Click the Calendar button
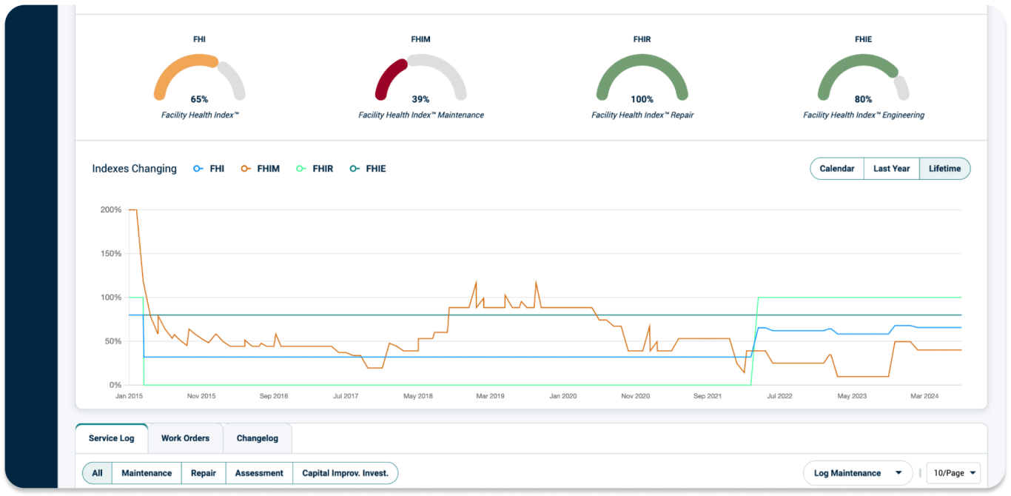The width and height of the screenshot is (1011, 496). (837, 169)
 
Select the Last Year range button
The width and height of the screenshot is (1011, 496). (891, 169)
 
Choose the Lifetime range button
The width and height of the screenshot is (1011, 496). (944, 169)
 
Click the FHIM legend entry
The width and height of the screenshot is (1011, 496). (261, 169)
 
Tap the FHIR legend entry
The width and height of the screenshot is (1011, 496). (315, 169)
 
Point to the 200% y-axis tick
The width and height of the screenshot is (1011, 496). (111, 210)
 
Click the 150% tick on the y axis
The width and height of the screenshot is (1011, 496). (111, 254)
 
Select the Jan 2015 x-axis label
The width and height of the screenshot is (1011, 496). (129, 397)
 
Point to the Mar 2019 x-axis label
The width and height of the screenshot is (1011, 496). (490, 397)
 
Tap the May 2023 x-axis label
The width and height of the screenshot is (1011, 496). (852, 397)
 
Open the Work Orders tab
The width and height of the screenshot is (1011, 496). (185, 438)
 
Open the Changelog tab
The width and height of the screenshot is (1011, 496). (258, 438)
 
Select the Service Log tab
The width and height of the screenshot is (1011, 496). (112, 438)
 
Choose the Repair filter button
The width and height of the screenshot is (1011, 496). (204, 473)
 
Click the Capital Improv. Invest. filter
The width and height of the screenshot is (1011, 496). (345, 473)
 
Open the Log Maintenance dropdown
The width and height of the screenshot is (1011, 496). (858, 473)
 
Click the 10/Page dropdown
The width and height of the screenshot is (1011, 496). (953, 473)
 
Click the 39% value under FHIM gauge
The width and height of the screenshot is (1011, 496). (420, 99)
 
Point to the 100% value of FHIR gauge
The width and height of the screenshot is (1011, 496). (642, 99)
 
